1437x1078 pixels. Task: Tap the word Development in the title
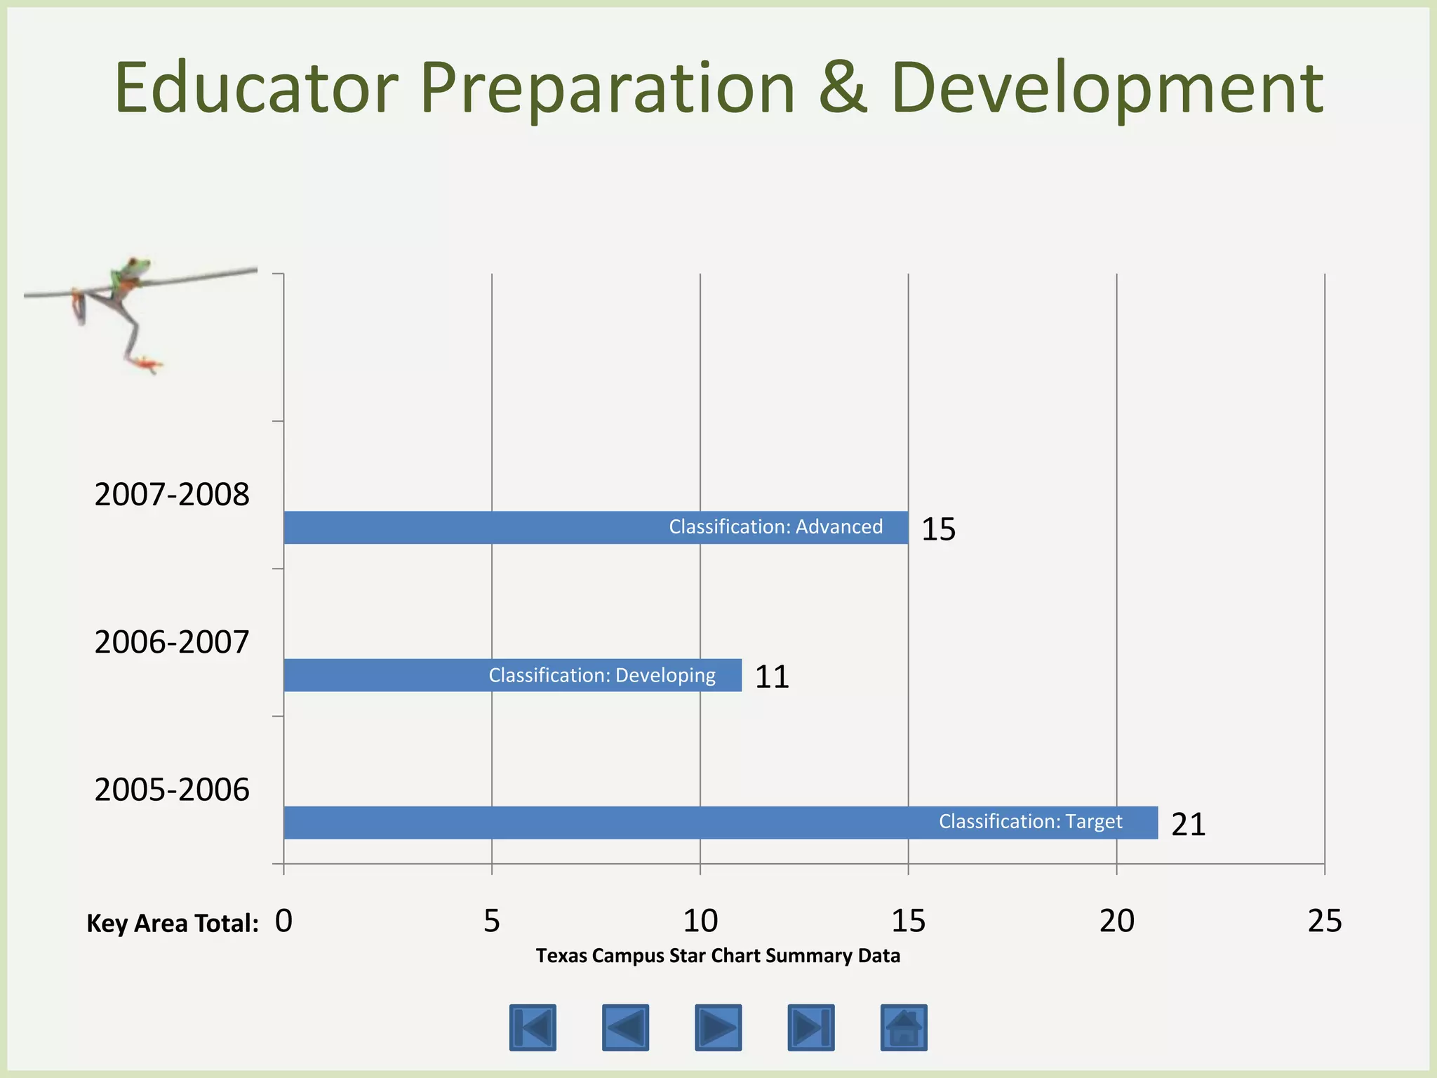pos(1107,90)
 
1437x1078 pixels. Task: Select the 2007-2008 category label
pos(172,495)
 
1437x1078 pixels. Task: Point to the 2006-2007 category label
pos(172,642)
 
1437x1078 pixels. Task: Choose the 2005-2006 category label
pos(172,790)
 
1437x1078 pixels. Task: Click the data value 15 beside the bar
pos(938,529)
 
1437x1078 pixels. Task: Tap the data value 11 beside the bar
pos(772,677)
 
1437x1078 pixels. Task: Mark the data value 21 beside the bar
pos(1188,824)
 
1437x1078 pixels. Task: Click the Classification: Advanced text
pos(775,527)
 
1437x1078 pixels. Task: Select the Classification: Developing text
pos(602,675)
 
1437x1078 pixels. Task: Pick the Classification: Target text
pos(1030,821)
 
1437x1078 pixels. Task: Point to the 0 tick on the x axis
pos(283,921)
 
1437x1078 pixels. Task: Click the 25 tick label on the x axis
pos(1324,921)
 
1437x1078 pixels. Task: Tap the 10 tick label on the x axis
pos(700,921)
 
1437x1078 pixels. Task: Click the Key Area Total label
pos(173,924)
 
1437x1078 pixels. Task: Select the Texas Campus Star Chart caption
pos(718,956)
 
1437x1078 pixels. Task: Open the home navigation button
pos(904,1027)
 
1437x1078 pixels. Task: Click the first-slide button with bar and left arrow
pos(533,1027)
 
